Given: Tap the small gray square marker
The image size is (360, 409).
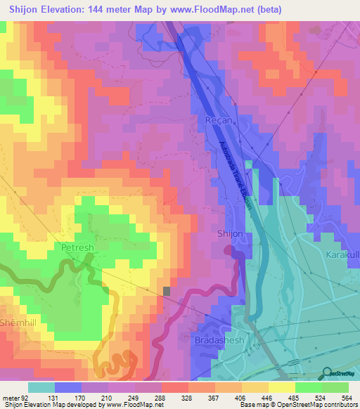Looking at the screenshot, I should (167, 291).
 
